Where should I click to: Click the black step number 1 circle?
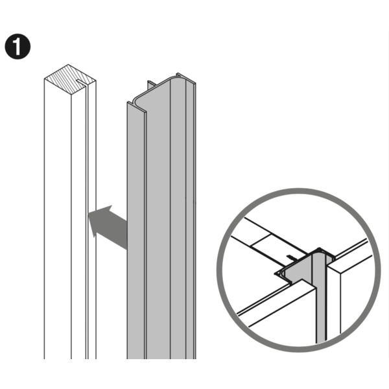click(18, 47)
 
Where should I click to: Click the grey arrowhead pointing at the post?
click(100, 218)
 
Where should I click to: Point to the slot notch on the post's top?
click(81, 82)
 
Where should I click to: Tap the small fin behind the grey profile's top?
click(150, 85)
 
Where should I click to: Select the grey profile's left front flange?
click(136, 231)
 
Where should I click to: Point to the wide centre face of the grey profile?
click(158, 223)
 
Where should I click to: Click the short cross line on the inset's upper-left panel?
click(260, 241)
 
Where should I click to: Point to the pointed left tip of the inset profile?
click(275, 274)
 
